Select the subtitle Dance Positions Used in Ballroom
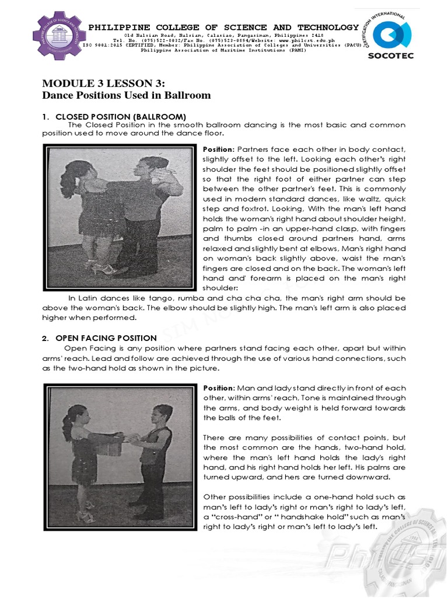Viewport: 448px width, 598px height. (x=127, y=95)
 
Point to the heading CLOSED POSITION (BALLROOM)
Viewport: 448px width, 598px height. (x=120, y=116)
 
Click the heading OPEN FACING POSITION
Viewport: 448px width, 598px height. (x=106, y=338)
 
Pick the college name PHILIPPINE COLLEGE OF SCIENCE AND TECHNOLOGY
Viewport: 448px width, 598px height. (x=223, y=27)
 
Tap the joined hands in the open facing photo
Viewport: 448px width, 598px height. (x=127, y=437)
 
